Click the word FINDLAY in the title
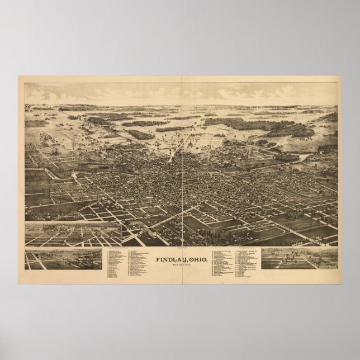pyautogui.click(x=167, y=251)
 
